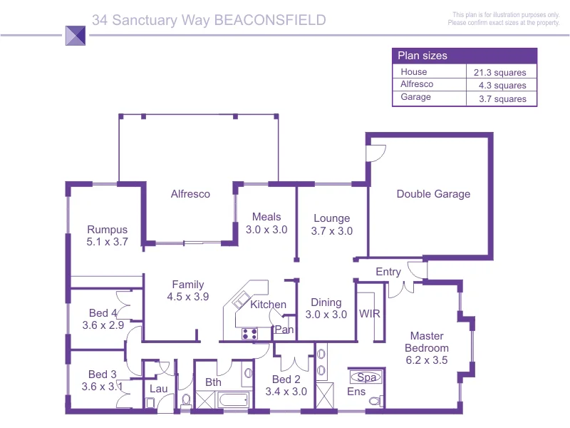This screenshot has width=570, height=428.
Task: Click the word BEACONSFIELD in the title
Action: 270,20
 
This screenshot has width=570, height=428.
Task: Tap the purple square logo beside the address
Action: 75,36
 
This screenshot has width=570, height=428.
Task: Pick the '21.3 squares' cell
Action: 499,72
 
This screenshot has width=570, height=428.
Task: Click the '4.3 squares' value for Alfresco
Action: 502,86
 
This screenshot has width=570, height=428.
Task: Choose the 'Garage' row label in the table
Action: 415,97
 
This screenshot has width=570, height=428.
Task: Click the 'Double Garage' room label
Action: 433,194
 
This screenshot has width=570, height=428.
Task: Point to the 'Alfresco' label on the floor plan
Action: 190,194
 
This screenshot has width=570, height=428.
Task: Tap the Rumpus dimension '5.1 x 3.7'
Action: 107,242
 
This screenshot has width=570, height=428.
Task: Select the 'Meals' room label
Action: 266,217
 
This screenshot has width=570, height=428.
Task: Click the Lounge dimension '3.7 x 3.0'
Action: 332,231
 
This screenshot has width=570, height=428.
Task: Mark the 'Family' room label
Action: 188,285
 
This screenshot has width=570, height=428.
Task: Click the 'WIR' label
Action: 369,314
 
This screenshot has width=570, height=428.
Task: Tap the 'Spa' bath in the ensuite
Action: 366,377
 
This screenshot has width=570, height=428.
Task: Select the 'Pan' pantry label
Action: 284,330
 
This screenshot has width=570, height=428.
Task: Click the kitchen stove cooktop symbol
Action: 249,332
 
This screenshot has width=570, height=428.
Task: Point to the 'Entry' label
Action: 388,272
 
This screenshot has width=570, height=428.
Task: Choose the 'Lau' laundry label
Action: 157,389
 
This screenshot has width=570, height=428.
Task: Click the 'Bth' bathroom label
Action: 213,382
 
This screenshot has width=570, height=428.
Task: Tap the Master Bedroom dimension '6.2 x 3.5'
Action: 427,360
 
